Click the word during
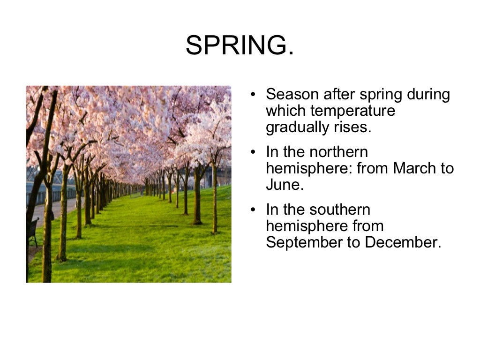click(428, 95)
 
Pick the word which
click(285, 111)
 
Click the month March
click(414, 169)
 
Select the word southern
click(335, 210)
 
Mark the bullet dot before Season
click(253, 95)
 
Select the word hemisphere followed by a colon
click(309, 169)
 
